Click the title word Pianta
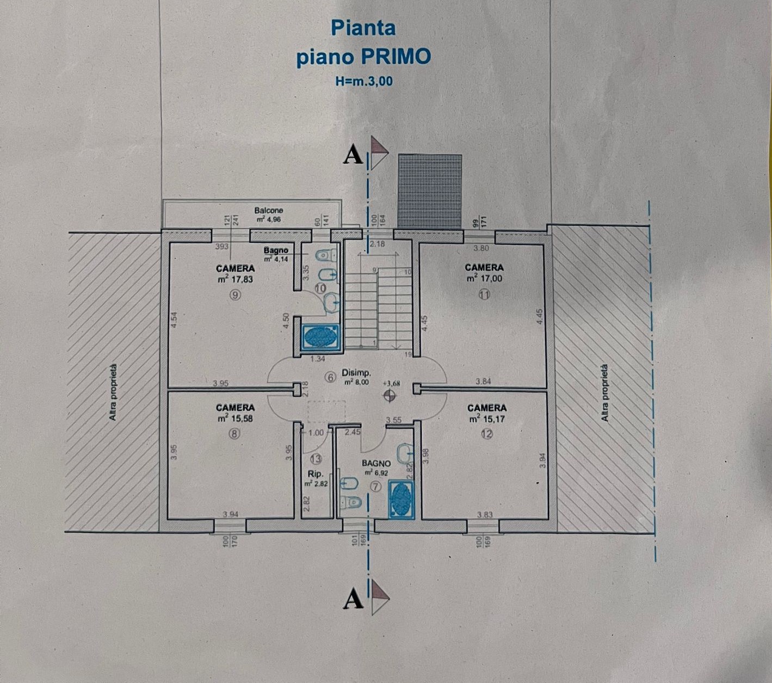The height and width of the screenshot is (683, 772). coord(363,28)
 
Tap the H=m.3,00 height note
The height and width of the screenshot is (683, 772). coord(364,82)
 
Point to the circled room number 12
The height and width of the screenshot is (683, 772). coord(486,434)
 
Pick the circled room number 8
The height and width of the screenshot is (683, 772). coord(234,434)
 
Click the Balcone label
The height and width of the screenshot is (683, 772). coord(269,210)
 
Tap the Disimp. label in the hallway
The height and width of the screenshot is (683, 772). coord(356,373)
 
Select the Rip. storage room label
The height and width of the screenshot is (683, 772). coord(316,473)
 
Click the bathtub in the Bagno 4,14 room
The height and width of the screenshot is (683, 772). coord(320,337)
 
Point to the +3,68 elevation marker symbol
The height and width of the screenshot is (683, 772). coord(389,396)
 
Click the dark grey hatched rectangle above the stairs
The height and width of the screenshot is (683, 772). coord(430,190)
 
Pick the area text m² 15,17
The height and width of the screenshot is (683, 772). coord(486,419)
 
